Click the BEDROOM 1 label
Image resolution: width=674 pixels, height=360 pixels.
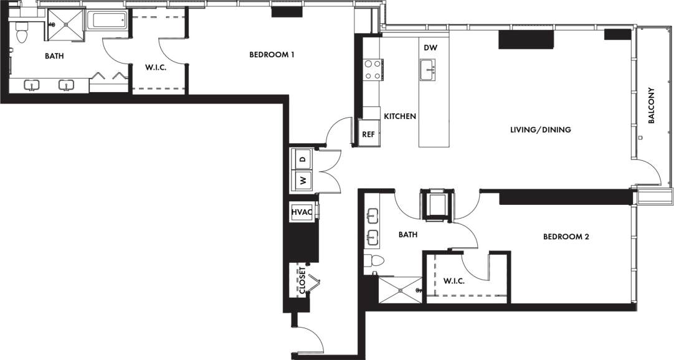click(x=272, y=55)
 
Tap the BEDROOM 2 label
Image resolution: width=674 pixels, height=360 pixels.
click(x=566, y=237)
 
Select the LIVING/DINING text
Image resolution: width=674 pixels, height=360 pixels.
click(x=540, y=130)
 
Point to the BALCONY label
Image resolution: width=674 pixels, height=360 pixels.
click(x=652, y=106)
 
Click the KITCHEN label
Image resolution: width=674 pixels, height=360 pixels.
click(x=399, y=116)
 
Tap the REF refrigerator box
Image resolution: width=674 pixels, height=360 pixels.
click(x=368, y=134)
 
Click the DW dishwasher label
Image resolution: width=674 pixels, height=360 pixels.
click(x=430, y=48)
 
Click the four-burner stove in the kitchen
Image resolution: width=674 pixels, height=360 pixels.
click(x=373, y=69)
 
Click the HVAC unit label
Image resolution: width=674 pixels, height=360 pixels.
click(x=302, y=212)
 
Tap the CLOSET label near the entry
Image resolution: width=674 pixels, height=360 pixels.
click(x=302, y=280)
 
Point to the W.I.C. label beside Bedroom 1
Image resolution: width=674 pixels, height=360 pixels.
click(x=155, y=67)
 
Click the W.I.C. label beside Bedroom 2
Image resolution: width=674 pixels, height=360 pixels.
click(x=454, y=281)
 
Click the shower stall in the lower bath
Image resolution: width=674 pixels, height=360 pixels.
click(x=401, y=291)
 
